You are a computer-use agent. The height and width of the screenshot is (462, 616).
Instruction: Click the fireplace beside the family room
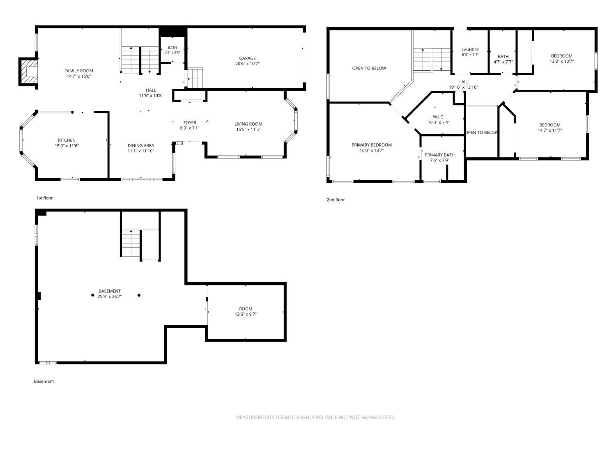point(28,72)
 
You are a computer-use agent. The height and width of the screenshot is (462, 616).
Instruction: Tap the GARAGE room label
point(247,58)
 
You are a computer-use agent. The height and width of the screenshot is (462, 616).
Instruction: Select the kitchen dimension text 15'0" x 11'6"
point(67,146)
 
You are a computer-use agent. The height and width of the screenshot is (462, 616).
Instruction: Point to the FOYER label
point(190,122)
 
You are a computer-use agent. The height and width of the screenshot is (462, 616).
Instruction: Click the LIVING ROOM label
point(248,124)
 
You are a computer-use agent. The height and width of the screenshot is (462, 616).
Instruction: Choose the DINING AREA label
point(140,145)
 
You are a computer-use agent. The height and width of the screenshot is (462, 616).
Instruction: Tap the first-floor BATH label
point(172,48)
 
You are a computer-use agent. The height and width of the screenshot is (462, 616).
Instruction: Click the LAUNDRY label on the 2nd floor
point(470,50)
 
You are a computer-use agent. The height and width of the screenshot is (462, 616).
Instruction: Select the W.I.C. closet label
point(438,117)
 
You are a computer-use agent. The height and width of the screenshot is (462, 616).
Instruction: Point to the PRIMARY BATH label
point(439,155)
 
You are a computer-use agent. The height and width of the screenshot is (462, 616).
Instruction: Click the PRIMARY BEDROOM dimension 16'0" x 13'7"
point(372,150)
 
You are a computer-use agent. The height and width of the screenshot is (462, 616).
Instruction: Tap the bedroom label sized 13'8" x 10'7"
point(561,56)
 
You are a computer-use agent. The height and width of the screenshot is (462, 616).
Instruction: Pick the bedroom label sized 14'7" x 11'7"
point(549,125)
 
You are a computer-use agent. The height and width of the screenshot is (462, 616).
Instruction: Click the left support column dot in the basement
point(93,295)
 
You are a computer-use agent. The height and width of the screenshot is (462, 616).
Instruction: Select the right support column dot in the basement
point(139,295)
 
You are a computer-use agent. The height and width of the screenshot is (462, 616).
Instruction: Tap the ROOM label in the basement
point(246,308)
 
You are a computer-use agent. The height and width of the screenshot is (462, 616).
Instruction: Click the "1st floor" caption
point(44,198)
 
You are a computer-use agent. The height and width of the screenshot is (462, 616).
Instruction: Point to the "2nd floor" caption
point(336,200)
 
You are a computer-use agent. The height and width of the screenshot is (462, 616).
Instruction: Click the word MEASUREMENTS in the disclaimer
point(255,417)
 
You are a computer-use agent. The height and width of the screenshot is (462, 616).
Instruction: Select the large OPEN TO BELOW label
point(369,68)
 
